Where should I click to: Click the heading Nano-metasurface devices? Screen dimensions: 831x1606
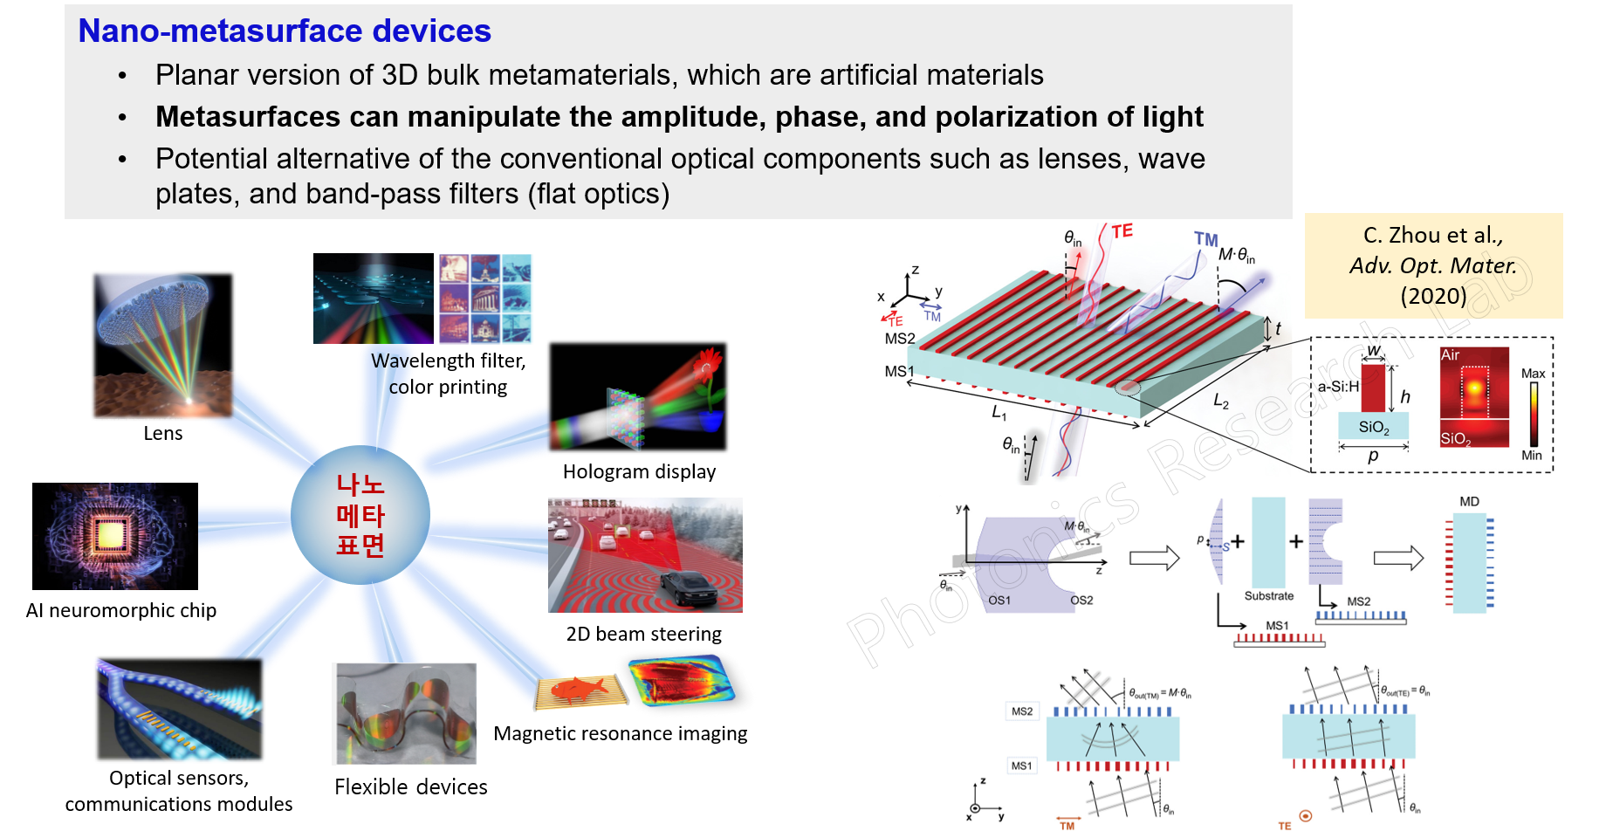point(285,31)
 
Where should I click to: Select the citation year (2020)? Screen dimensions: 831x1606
point(1432,296)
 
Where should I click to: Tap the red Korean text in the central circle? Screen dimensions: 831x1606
point(360,515)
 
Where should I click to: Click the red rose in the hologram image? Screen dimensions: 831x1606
point(708,366)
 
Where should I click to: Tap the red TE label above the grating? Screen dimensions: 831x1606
point(1122,231)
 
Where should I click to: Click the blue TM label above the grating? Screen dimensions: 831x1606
point(1205,239)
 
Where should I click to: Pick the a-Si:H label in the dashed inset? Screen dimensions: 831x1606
point(1338,387)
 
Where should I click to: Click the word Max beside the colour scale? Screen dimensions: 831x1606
point(1533,374)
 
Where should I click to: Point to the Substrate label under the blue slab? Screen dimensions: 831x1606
point(1268,596)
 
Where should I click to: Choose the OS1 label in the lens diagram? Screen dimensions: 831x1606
point(999,601)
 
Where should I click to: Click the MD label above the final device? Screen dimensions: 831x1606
point(1469,502)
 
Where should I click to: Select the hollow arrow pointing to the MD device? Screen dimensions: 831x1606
point(1398,558)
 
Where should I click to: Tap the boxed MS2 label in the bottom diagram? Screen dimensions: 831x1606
point(1021,711)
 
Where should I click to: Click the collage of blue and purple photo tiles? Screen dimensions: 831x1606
point(485,299)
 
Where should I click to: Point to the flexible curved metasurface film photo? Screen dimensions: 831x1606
point(404,713)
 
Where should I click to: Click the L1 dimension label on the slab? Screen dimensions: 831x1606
point(999,412)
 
